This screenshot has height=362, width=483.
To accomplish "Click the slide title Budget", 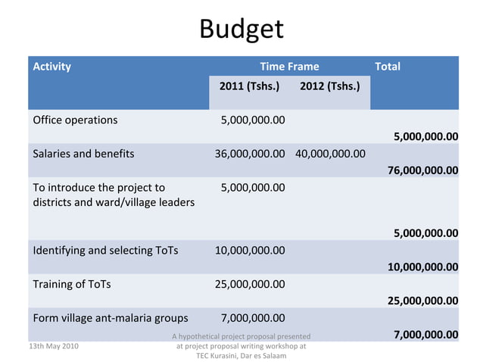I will tap(241, 30).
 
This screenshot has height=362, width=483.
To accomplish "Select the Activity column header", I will tap(52, 67).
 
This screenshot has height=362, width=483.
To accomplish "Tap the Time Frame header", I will tap(289, 67).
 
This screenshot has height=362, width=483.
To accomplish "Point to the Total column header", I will tap(388, 67).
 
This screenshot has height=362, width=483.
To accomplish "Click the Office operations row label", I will tap(75, 120).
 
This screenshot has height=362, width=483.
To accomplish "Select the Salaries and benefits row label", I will tap(83, 154).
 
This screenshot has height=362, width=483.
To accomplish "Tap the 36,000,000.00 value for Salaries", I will tap(250, 154).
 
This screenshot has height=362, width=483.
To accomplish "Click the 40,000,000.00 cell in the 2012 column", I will tap(330, 154).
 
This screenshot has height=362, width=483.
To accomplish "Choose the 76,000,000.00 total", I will tap(422, 170).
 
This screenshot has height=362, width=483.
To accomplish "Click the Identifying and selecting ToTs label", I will tap(105, 250).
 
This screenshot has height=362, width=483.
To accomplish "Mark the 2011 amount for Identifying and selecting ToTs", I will tap(250, 250).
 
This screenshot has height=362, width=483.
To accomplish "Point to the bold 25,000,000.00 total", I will tap(422, 301).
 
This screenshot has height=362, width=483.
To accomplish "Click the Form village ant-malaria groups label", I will tap(110, 317).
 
